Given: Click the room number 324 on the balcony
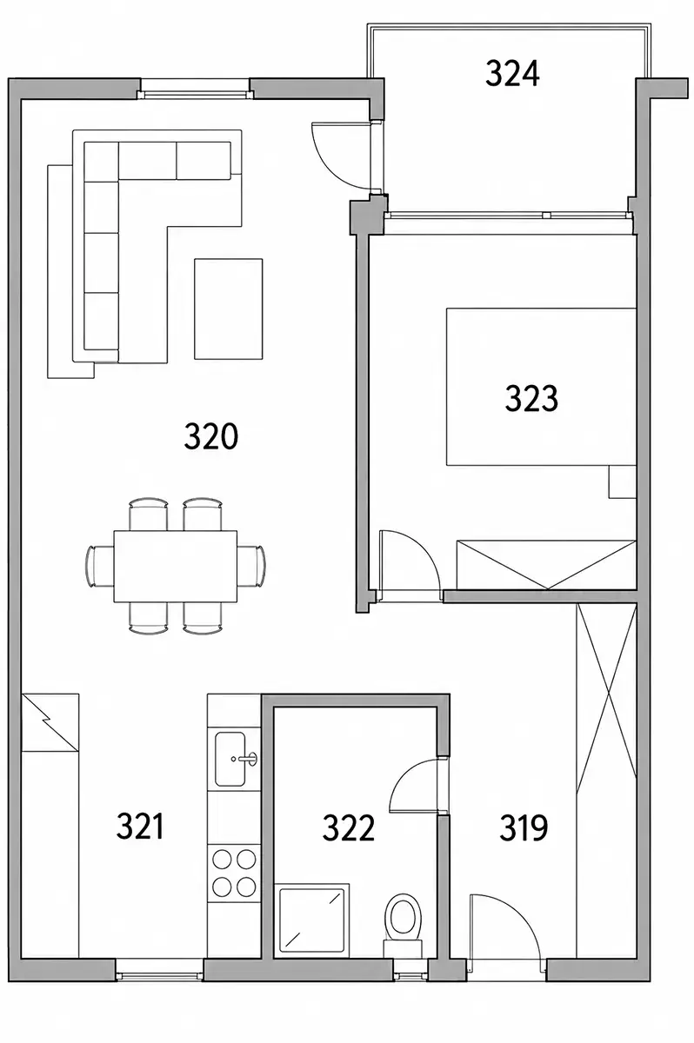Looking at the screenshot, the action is click(512, 74).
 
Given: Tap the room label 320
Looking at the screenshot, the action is click(210, 436).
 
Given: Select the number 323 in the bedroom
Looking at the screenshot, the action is click(531, 398).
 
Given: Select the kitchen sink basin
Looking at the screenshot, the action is click(230, 759).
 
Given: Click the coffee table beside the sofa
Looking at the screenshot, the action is click(228, 309).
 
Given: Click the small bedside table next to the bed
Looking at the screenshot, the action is click(623, 482).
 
